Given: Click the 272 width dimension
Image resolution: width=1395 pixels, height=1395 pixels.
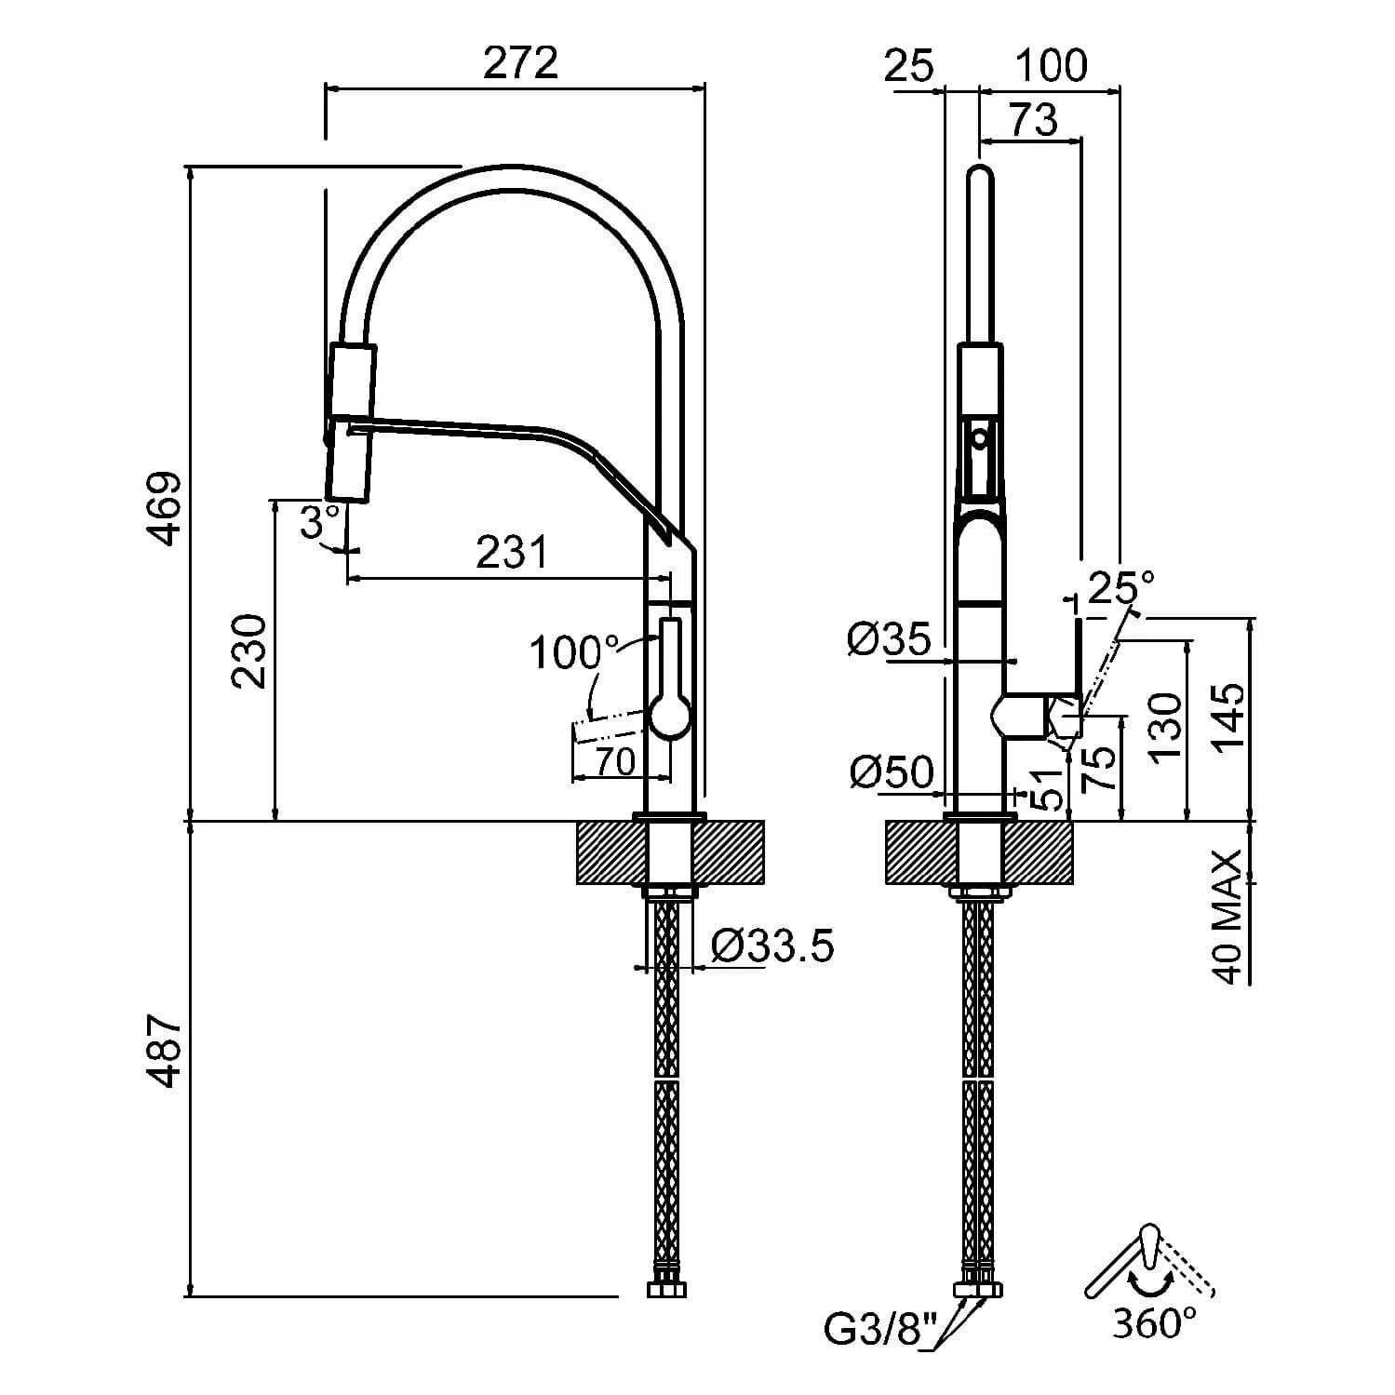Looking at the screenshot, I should pyautogui.click(x=520, y=63).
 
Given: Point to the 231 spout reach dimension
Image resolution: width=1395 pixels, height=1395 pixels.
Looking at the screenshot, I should pyautogui.click(x=511, y=553).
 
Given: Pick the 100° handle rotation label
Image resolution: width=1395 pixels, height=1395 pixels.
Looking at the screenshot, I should pyautogui.click(x=572, y=653).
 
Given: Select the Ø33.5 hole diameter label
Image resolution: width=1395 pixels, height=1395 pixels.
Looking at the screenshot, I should pyautogui.click(x=771, y=946).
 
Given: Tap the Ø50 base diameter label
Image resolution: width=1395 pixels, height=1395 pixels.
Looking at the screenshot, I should pyautogui.click(x=891, y=771).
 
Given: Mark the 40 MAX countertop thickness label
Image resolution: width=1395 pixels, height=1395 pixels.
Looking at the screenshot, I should pyautogui.click(x=1228, y=917).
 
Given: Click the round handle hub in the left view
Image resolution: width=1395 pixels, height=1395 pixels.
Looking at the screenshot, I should pyautogui.click(x=669, y=718).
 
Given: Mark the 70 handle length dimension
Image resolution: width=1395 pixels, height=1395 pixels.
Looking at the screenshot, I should pyautogui.click(x=615, y=761).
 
